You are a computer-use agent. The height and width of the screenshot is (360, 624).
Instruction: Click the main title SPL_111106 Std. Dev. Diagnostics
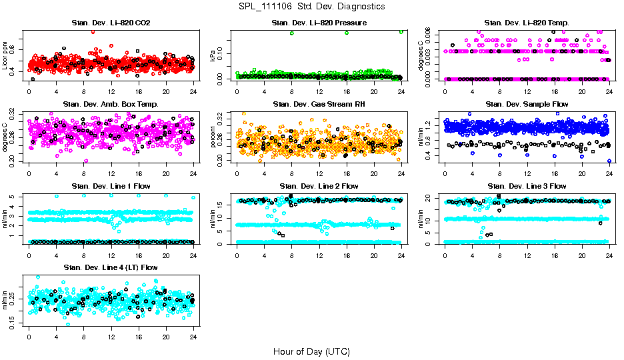point(312,7)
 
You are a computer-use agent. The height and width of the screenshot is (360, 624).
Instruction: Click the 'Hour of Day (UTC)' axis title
point(311,351)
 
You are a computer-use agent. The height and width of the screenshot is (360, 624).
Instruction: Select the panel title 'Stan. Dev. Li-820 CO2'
point(111,23)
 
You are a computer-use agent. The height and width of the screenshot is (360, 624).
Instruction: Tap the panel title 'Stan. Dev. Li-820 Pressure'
point(319,23)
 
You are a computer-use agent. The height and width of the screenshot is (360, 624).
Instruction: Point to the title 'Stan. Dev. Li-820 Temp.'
point(527,23)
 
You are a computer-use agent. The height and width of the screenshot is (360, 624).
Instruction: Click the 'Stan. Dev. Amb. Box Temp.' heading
point(111,105)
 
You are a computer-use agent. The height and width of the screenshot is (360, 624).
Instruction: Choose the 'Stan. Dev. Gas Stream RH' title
point(319,105)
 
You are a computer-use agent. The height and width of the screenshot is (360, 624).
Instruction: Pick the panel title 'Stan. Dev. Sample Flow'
point(527,105)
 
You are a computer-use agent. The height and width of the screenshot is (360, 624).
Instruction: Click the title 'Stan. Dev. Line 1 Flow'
point(111,186)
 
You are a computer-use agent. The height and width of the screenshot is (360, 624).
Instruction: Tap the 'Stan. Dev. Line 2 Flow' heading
point(319,186)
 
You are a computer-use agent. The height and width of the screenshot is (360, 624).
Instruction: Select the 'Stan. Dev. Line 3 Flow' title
point(527,186)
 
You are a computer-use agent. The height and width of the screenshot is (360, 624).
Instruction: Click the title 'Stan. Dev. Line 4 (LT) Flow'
point(111,267)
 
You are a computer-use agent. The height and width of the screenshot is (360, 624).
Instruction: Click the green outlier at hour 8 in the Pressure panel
point(292,33)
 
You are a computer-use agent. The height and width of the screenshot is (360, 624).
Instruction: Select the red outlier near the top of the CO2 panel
point(93,31)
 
